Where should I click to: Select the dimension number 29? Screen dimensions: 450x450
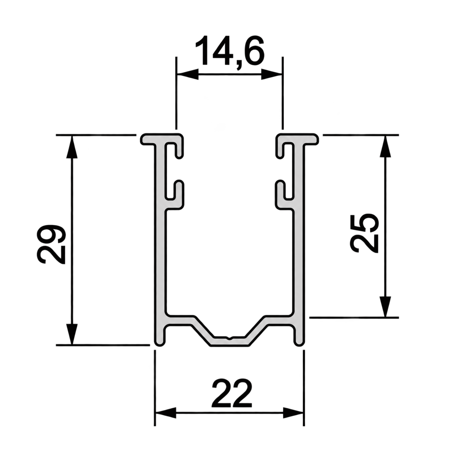[51, 244]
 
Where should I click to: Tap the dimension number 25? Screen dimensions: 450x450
[364, 233]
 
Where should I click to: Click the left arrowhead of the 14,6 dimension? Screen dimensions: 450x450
[188, 75]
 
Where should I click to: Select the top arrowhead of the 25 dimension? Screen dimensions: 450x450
[385, 146]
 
